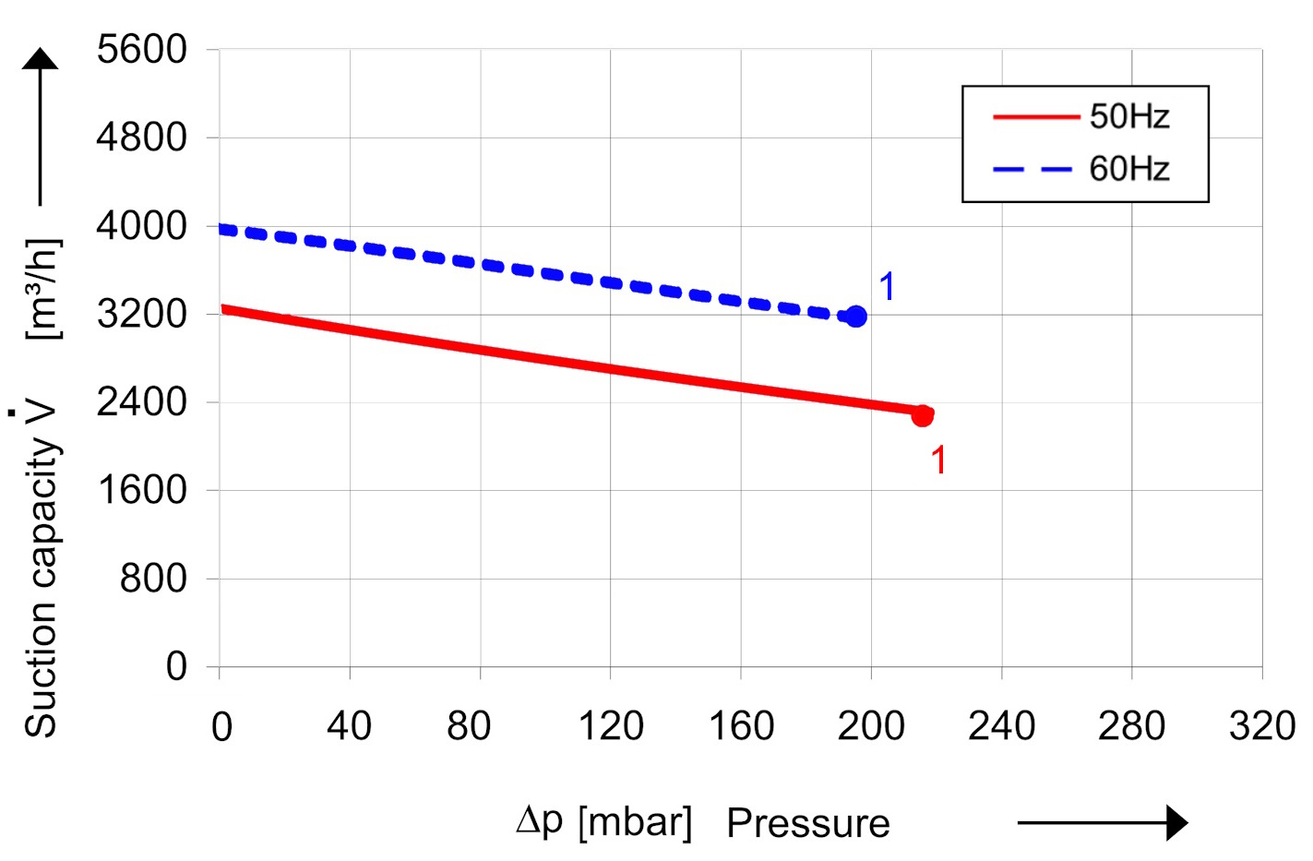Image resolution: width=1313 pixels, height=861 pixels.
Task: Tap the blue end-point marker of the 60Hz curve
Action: pos(856,317)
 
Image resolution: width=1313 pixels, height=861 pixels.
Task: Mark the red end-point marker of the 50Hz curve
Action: pos(922,416)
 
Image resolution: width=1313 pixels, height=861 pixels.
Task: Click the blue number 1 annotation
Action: pos(887,287)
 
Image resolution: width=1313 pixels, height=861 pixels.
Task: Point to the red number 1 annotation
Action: pos(938,460)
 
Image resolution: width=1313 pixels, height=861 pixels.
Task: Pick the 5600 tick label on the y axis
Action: pos(141,50)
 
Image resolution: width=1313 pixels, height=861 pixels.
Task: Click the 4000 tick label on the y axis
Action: pos(141,226)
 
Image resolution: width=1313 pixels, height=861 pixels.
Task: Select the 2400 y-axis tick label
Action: pos(141,402)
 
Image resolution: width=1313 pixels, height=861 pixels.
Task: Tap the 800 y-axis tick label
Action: pos(153,579)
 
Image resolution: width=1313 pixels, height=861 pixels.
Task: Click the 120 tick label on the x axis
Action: pos(610,727)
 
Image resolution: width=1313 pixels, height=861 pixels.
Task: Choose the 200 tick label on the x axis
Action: pos(870,727)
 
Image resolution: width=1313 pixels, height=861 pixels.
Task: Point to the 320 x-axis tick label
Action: pos(1261,727)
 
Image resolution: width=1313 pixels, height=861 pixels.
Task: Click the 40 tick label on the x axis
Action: pos(349,727)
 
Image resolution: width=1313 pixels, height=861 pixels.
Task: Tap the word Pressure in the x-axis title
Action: pos(807,823)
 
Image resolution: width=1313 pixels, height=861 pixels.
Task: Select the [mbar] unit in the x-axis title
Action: pos(635,821)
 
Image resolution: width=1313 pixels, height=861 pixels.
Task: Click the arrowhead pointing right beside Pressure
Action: pos(1176,822)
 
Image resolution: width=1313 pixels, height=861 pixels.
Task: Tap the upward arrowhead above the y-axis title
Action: pos(41,59)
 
